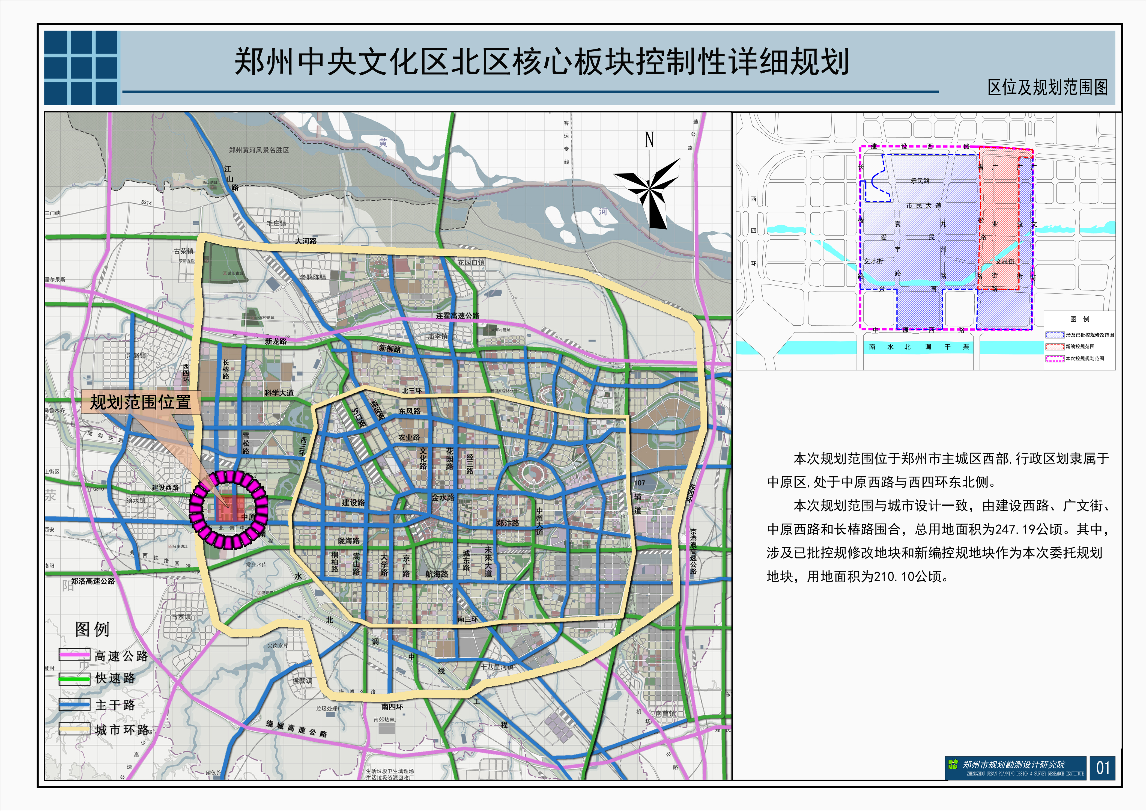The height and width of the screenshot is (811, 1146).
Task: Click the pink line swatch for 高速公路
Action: point(74,655)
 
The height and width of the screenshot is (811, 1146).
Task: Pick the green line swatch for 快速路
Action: point(74,678)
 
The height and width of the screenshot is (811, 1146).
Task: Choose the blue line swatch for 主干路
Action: point(74,705)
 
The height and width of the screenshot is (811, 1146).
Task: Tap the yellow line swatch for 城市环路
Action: point(74,729)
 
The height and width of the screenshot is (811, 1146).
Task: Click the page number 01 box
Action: point(1103,768)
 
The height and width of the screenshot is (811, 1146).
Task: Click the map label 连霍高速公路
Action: point(457,316)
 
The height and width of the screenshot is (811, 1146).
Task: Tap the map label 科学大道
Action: point(279,393)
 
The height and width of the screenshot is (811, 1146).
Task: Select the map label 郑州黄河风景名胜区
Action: point(259,150)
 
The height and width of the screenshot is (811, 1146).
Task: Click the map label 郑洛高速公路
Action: point(93,581)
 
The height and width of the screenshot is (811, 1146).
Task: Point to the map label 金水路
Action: point(443,498)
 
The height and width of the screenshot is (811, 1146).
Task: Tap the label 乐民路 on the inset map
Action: point(920,181)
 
